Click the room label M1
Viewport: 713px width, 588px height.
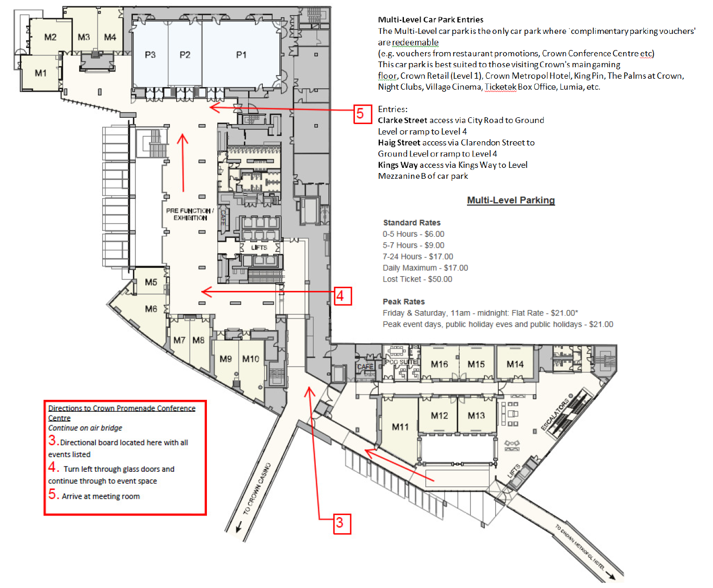(41, 73)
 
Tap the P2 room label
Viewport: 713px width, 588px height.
(185, 55)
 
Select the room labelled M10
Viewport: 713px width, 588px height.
(251, 359)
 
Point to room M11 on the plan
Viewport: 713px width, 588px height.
(400, 427)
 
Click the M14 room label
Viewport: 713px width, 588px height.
(515, 364)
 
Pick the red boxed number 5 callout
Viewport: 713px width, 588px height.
(361, 114)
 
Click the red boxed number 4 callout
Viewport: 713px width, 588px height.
(340, 296)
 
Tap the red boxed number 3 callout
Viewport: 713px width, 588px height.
(340, 523)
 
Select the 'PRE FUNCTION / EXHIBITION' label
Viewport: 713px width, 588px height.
(190, 214)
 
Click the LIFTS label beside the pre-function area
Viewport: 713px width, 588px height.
(259, 248)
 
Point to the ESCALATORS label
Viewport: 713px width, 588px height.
(556, 415)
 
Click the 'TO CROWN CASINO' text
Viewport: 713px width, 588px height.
(257, 489)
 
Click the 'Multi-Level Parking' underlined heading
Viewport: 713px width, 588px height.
(511, 200)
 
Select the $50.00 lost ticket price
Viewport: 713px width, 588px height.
(440, 279)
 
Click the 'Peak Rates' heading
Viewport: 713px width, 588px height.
(404, 302)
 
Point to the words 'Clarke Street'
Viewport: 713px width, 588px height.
(402, 120)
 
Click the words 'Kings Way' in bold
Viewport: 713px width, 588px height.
(398, 165)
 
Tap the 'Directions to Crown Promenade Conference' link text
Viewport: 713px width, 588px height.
(121, 408)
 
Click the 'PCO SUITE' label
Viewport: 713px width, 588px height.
(401, 362)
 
